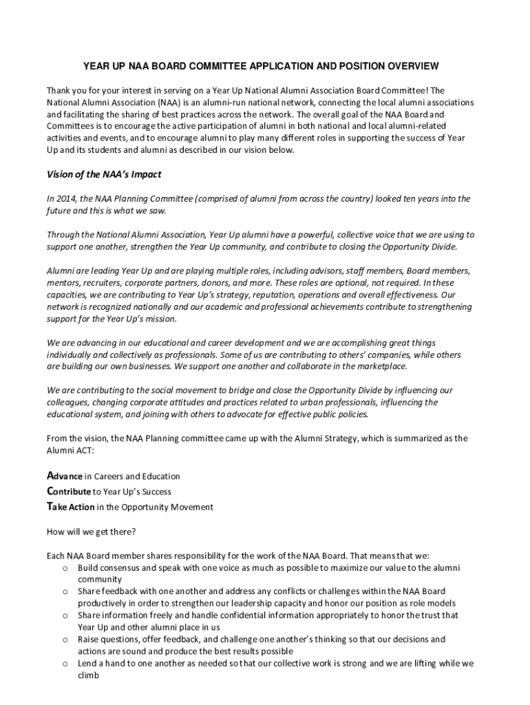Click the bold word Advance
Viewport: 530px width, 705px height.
click(65, 476)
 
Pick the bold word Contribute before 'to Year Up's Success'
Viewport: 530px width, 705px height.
click(68, 492)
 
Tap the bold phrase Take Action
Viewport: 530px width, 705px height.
click(70, 507)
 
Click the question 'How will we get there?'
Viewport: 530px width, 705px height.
click(91, 532)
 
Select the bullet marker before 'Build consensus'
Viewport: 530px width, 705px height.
click(64, 568)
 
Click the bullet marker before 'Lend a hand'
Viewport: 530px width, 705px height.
click(64, 664)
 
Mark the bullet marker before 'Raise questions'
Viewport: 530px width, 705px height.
click(64, 640)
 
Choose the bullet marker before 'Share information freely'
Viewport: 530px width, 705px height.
click(64, 615)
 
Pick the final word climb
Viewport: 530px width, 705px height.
click(89, 676)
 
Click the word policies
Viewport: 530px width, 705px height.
click(351, 414)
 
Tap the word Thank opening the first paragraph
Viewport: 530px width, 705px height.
click(59, 91)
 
